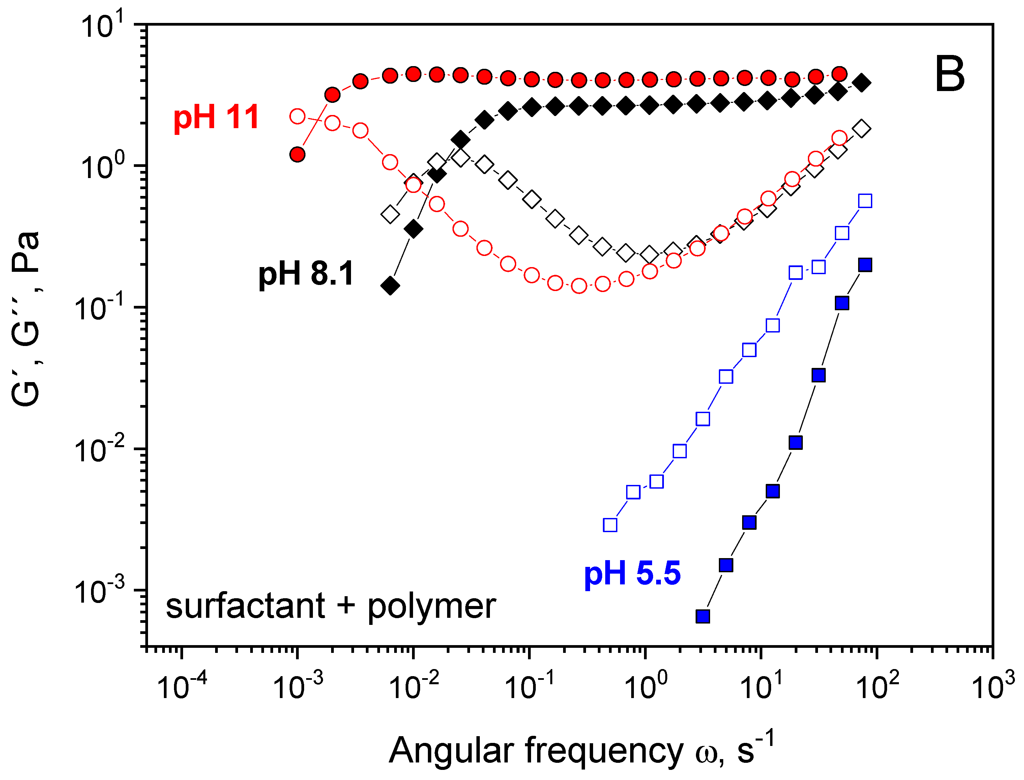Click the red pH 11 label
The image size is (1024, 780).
pos(216,117)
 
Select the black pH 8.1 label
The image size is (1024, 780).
pos(306,274)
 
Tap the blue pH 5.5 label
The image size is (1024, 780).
pos(632,573)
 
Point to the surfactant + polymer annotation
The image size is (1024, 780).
pos(330,606)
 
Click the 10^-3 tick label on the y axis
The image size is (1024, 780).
pos(99,591)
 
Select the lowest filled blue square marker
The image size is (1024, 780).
pos(703,616)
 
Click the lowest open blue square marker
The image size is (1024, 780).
pos(610,525)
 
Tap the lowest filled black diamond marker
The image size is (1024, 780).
pos(390,286)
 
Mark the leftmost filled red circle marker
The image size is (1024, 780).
pos(297,154)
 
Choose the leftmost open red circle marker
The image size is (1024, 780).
pos(297,116)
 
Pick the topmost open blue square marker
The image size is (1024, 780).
pos(865,201)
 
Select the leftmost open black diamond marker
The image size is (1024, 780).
pos(390,214)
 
